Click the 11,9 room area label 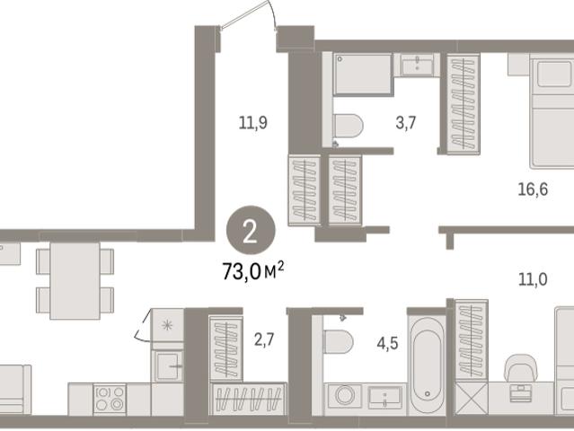click(253, 123)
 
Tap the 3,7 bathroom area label click(406, 123)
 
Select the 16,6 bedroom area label click(533, 189)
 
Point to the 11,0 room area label click(533, 280)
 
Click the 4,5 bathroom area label click(387, 344)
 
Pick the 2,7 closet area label click(264, 340)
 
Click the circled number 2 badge click(251, 230)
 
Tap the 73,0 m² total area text click(253, 271)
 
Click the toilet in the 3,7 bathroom click(349, 126)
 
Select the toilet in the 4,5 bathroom click(339, 341)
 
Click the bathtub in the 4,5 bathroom click(428, 365)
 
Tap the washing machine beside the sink click(344, 395)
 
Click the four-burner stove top click(110, 399)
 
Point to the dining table click(75, 280)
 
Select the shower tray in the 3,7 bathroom click(363, 74)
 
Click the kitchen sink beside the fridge click(169, 365)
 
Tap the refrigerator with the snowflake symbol click(167, 324)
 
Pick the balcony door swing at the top click(248, 16)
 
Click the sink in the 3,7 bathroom click(418, 66)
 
